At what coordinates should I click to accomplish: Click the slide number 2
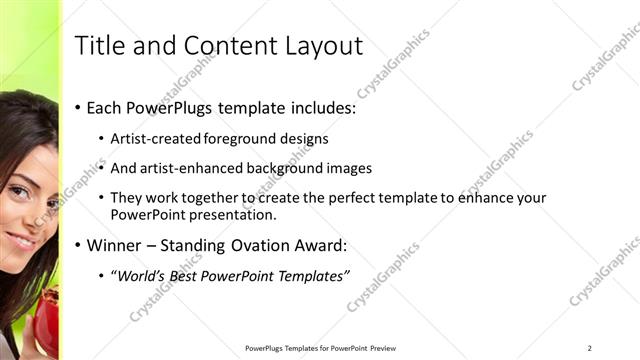589,348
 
